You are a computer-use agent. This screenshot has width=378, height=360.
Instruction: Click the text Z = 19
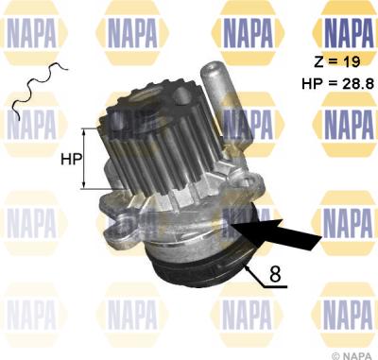click(336, 62)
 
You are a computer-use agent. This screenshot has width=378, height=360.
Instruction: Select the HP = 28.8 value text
click(338, 84)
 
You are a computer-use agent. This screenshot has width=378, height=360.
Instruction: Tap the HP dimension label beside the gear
click(71, 160)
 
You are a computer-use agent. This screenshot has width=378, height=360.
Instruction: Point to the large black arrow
click(276, 233)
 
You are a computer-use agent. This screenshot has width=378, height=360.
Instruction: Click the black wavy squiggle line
click(40, 90)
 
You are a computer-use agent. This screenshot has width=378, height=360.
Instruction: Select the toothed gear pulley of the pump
click(161, 142)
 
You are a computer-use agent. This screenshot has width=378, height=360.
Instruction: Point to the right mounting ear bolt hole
click(248, 181)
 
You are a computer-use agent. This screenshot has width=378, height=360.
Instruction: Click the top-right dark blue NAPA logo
click(348, 33)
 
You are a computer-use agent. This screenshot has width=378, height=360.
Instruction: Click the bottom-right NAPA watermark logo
click(348, 315)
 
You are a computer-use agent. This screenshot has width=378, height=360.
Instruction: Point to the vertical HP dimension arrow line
click(84, 159)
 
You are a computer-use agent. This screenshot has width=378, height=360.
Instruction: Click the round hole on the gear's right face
click(182, 94)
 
